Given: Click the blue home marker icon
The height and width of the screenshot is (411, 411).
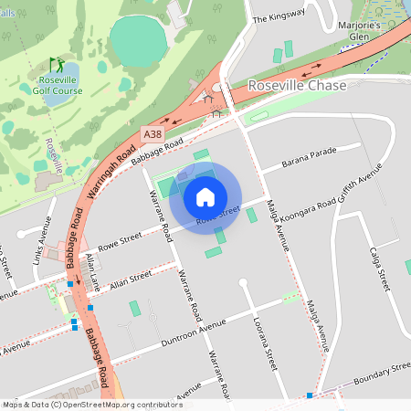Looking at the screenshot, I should coord(205,196).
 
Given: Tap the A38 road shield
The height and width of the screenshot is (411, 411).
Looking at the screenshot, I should coord(153,134).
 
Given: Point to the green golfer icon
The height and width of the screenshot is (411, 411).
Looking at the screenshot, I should coord(58,66).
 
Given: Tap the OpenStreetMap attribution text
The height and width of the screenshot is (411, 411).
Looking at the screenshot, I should coord(91,404).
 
